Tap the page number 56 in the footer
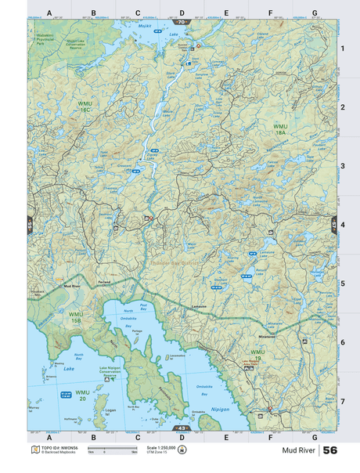click(329, 450)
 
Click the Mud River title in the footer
click(299, 451)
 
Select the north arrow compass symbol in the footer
click(183, 450)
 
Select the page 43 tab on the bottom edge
click(182, 429)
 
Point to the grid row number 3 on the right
click(341, 166)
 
